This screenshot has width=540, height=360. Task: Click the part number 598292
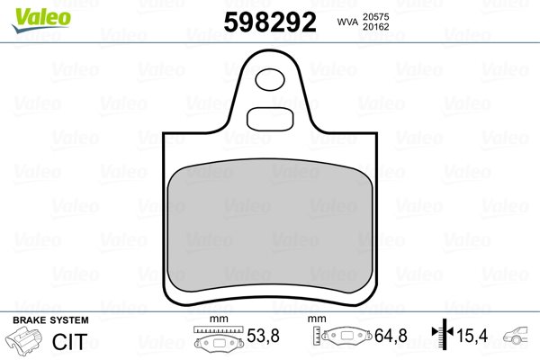270,22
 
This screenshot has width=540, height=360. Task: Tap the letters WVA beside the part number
347,22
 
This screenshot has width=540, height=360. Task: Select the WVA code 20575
375,16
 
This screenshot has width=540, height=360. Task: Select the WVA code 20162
375,27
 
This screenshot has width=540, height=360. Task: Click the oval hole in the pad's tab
270,79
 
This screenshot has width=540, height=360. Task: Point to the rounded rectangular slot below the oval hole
270,119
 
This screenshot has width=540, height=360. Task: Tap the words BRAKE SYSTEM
50,320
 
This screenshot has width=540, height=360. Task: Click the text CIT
69,341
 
